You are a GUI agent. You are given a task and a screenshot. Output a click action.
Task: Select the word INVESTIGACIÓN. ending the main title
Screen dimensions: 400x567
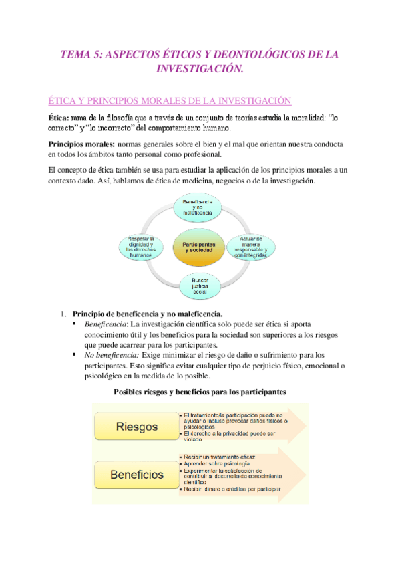(x=200, y=69)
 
